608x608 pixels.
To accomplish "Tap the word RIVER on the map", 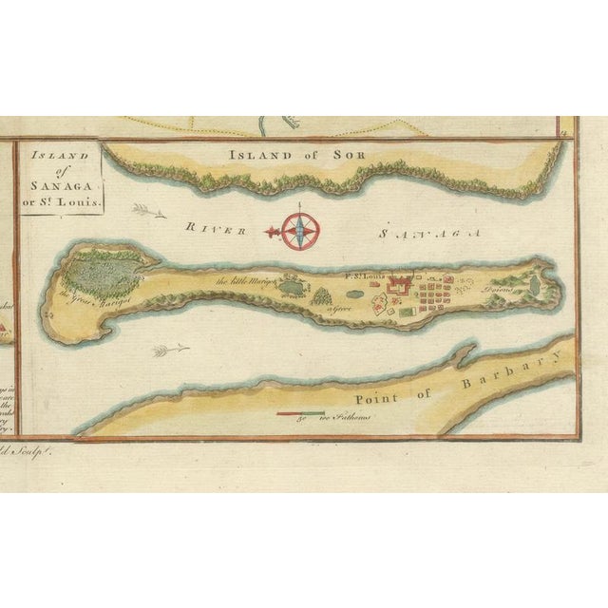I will (x=216, y=228).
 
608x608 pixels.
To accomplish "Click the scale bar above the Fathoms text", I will (x=300, y=414).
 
